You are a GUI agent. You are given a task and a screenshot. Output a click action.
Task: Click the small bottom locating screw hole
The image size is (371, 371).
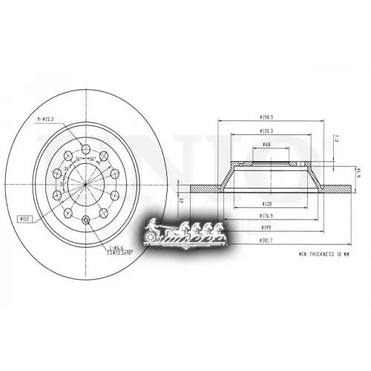tap(86, 219)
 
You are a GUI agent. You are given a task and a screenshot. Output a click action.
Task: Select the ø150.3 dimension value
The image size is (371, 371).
tap(268, 132)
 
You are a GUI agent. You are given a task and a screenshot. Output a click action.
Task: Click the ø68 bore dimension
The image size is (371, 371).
tap(266, 146)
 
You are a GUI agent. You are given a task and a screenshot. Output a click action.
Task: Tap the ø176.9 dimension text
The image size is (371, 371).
tap(266, 215)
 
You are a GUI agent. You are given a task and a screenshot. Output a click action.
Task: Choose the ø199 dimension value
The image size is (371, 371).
tap(266, 229)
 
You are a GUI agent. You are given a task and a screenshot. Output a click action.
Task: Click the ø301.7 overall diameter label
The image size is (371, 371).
tap(266, 241)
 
